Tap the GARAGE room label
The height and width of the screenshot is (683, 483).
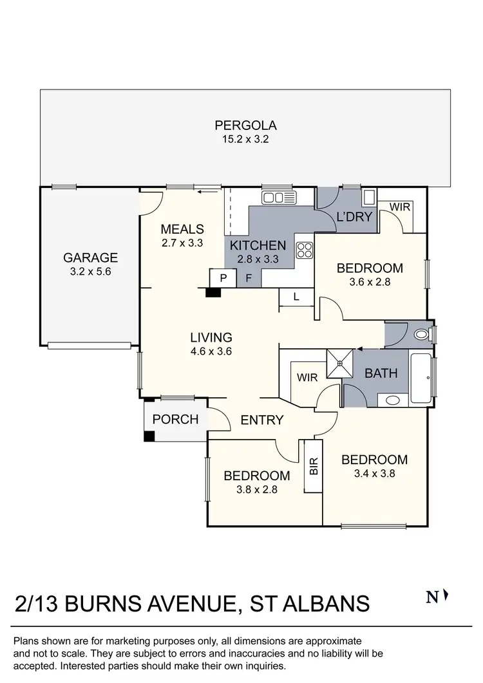pos(90,257)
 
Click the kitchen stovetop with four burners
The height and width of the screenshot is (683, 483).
pos(304,250)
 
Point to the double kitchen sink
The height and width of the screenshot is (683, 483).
pos(279,197)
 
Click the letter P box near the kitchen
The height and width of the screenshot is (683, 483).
pos(223,278)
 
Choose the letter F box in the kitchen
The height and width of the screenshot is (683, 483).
pos(249,278)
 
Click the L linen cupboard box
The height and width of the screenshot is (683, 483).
pos(296,297)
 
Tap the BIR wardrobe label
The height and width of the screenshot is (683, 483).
pos(314,466)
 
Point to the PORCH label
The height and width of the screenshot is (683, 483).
pos(175,420)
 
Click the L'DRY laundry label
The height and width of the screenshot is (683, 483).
pos(355,217)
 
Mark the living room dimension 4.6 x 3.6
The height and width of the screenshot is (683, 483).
pos(211,351)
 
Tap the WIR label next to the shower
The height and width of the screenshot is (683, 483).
pos(307,378)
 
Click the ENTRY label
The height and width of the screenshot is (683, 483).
pos(262,420)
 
